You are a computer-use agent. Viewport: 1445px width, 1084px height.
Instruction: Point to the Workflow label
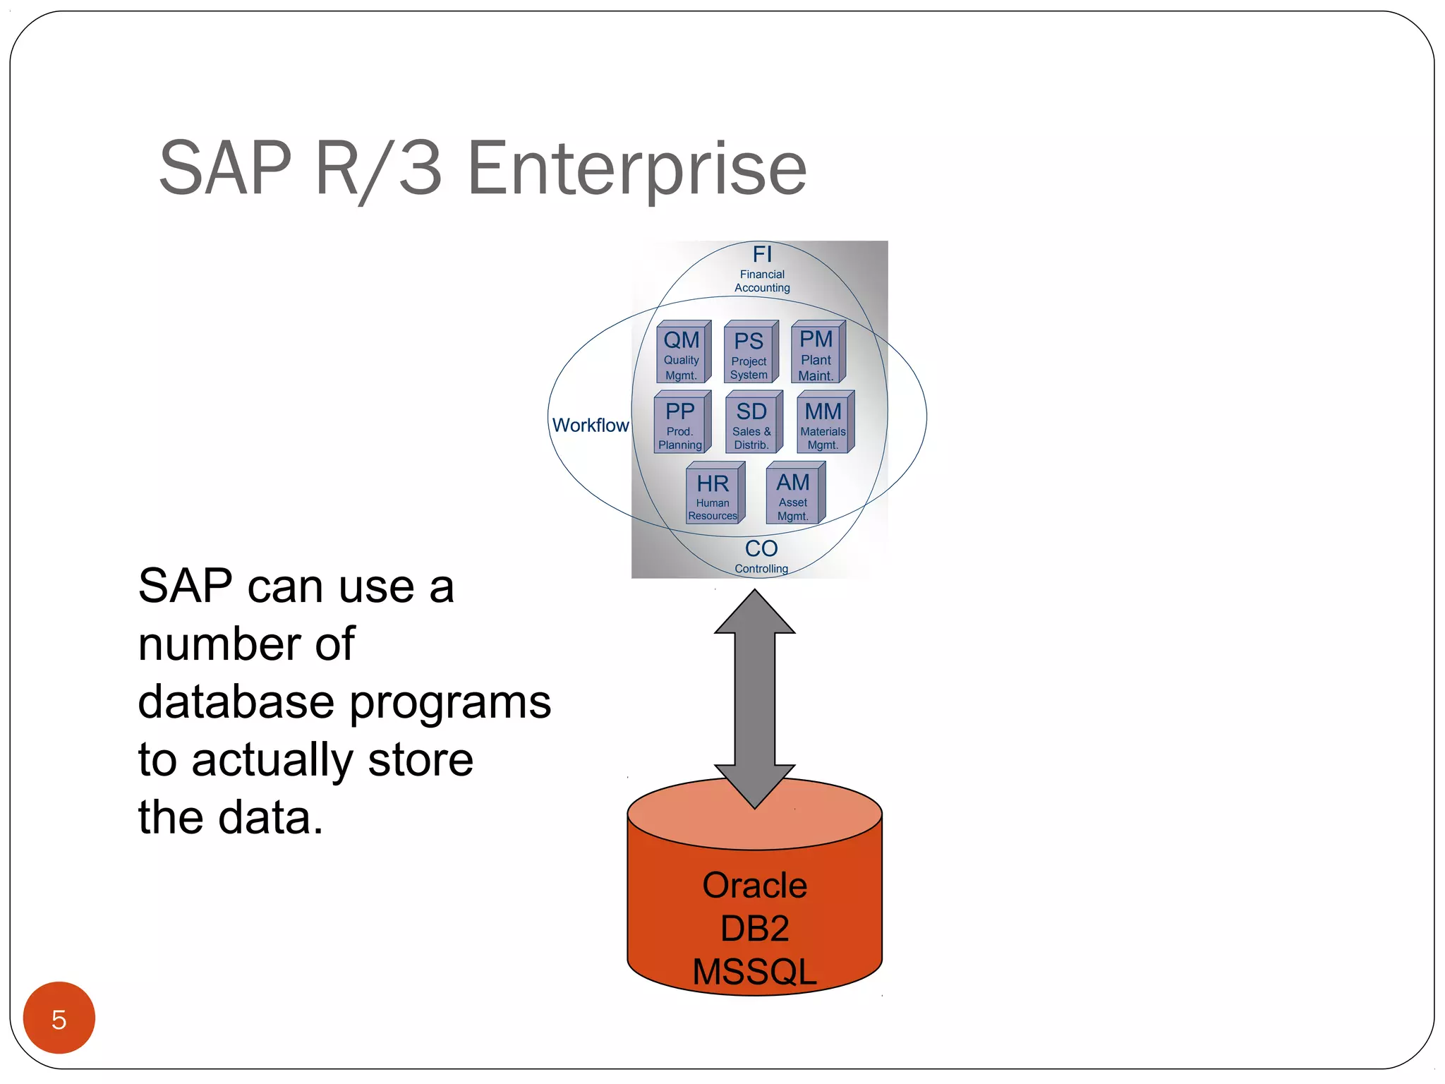[590, 426]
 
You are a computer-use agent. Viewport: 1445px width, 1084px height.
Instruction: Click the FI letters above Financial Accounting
[762, 254]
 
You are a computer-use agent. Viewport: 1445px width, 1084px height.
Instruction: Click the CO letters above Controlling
[761, 548]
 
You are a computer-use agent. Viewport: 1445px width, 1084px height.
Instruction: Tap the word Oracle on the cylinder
[754, 885]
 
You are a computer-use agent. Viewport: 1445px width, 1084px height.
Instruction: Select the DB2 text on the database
[754, 928]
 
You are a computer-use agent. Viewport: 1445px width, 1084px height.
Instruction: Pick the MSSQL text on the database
[754, 972]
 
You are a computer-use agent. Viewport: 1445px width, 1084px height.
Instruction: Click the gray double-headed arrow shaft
[754, 699]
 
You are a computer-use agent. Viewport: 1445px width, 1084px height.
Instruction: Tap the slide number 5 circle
[59, 1018]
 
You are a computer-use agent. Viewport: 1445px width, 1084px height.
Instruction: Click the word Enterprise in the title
[636, 169]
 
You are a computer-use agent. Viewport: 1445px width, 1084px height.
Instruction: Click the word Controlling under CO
[761, 569]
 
